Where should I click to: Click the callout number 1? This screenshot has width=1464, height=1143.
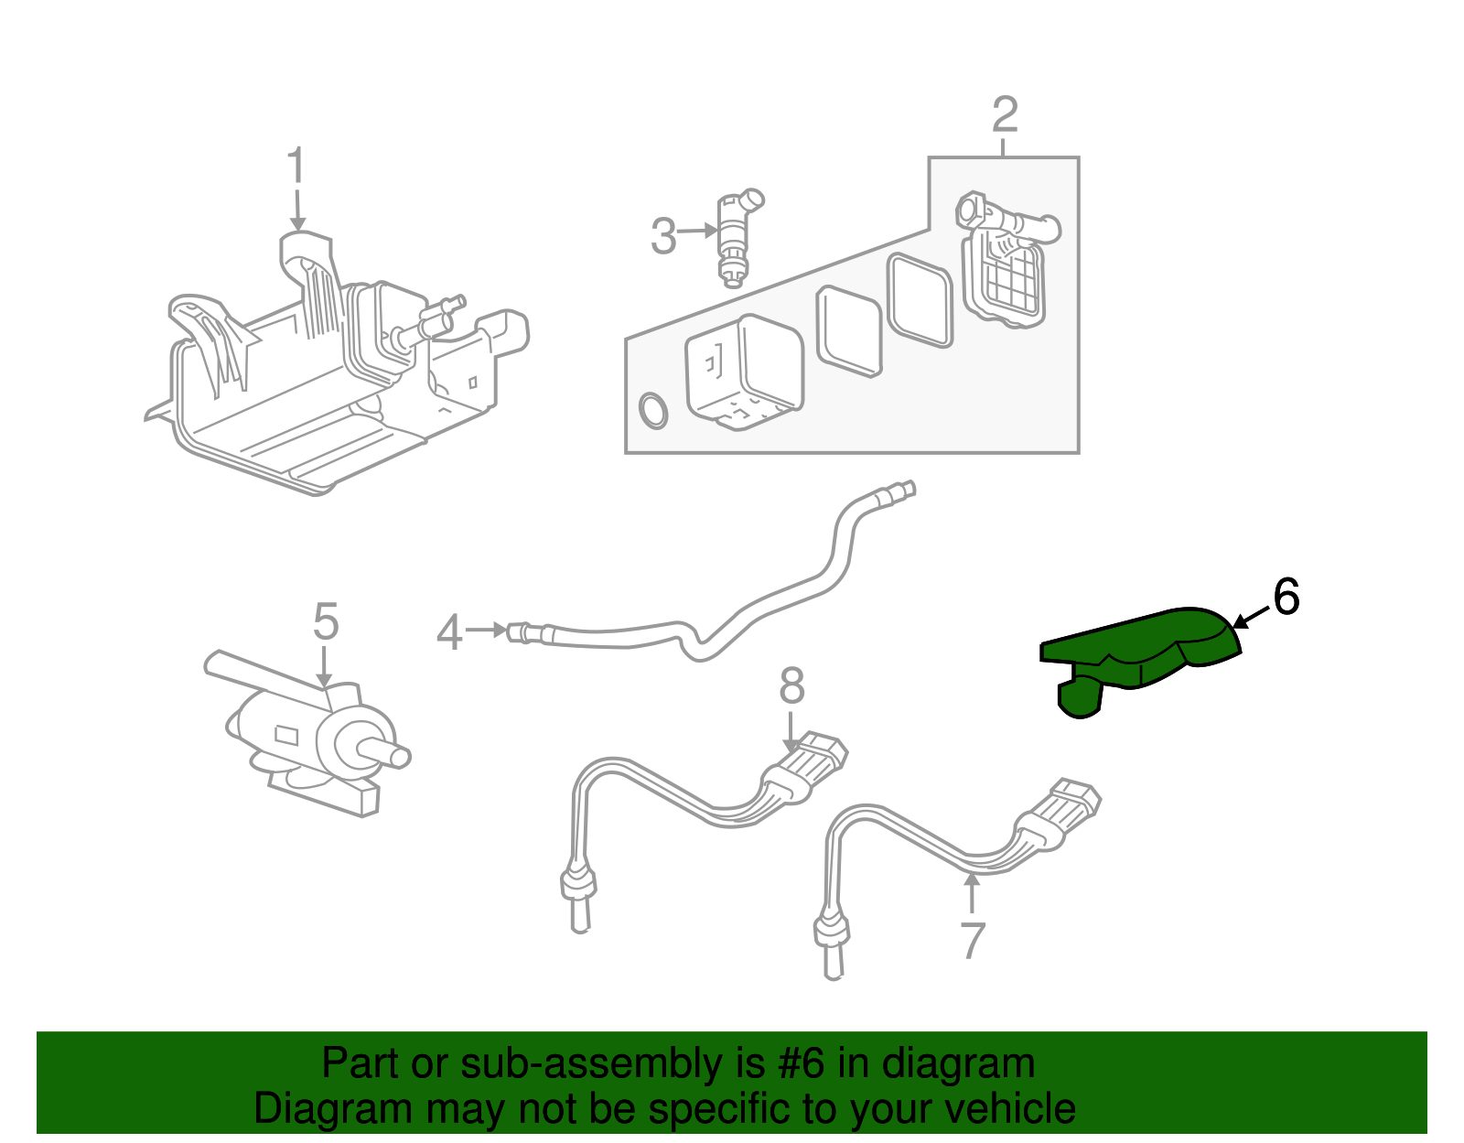pos(295,168)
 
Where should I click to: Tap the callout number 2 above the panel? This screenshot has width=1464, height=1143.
pos(1004,115)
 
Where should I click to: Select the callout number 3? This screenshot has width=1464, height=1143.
pos(663,236)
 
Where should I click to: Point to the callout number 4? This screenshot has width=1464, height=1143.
pos(448,632)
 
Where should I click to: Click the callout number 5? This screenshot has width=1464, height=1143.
pos(325,622)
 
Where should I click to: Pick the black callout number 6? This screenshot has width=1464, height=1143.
pos(1286,598)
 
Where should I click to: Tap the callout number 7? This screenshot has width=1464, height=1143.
pos(973,940)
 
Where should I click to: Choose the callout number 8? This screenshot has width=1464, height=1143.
pos(791,685)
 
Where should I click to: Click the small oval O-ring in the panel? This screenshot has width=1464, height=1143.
pos(652,412)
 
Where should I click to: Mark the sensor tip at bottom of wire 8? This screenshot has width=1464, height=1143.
pos(577,901)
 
